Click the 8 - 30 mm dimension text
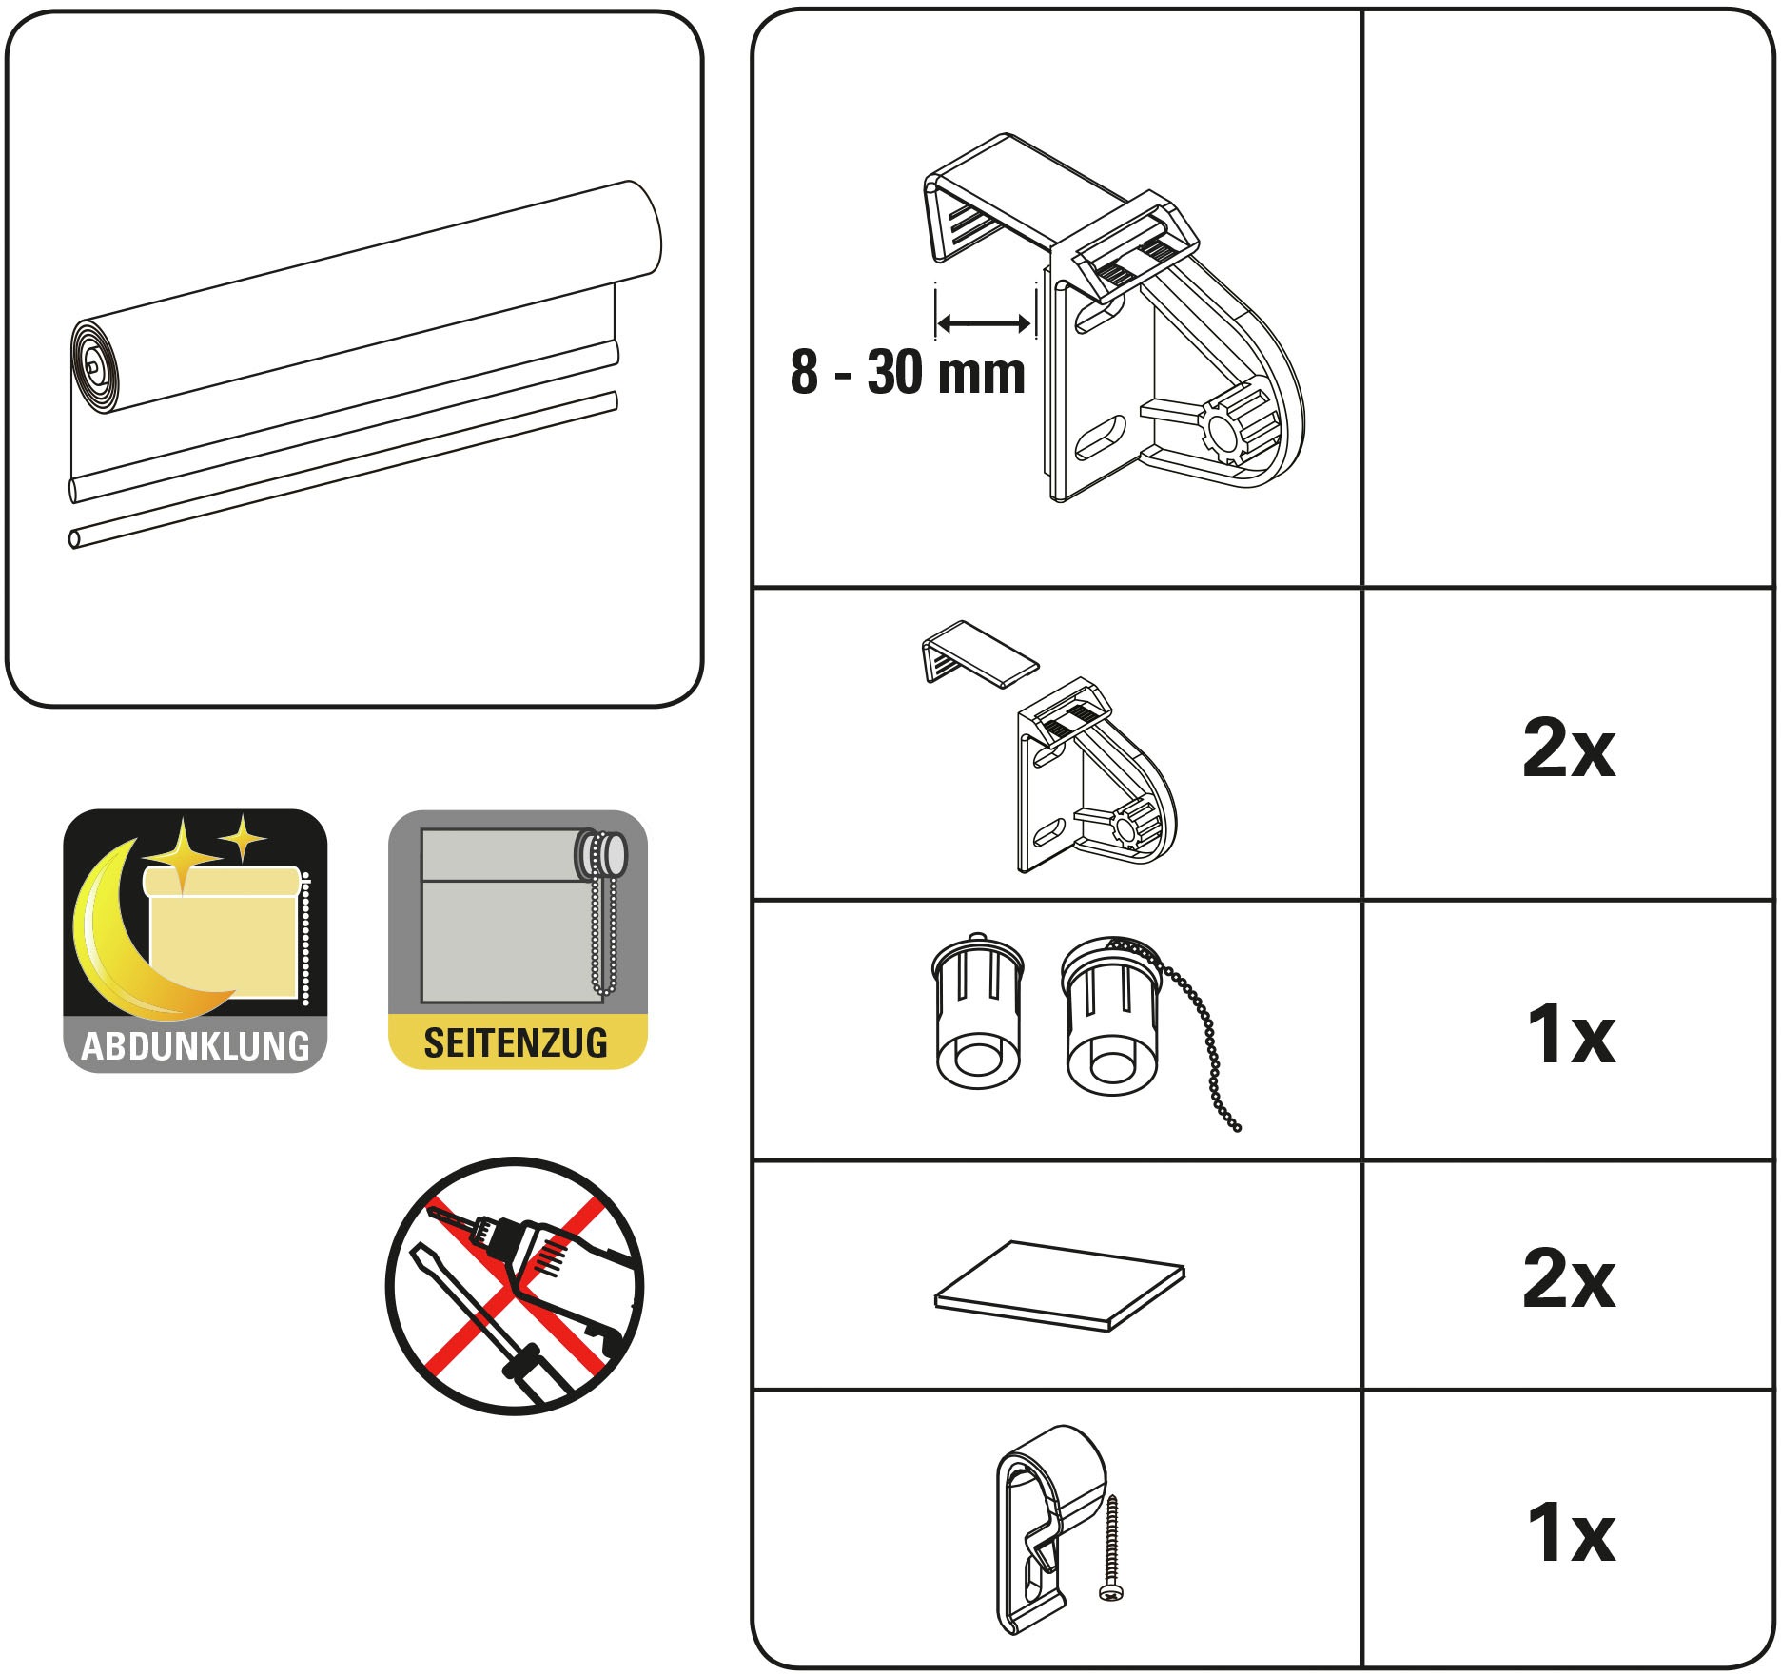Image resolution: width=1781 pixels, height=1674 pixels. (x=908, y=372)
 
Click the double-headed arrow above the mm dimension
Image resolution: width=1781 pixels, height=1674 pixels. (x=984, y=324)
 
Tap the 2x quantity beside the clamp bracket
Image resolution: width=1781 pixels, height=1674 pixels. (x=1569, y=749)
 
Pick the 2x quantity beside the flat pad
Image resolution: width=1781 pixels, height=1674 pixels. (x=1569, y=1278)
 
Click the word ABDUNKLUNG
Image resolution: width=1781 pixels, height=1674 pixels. (x=195, y=1046)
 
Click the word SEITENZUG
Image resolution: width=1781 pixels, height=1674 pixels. (x=516, y=1043)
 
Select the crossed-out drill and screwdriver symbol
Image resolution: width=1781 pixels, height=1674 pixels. (x=515, y=1286)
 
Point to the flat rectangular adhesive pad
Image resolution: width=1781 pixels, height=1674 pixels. (x=1060, y=1285)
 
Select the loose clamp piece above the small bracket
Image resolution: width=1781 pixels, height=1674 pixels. (x=978, y=654)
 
